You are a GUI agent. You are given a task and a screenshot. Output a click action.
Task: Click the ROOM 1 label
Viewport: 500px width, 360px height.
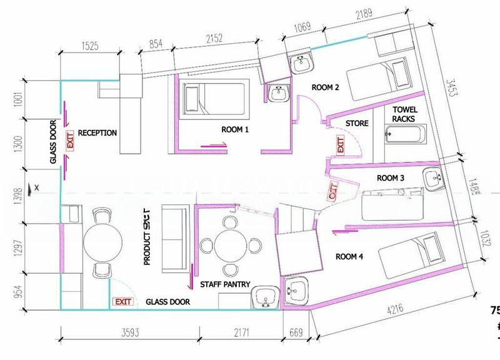[235, 129]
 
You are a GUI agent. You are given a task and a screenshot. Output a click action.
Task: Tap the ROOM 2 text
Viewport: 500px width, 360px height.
[326, 87]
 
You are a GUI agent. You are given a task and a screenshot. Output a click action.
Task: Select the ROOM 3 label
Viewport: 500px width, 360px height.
[391, 178]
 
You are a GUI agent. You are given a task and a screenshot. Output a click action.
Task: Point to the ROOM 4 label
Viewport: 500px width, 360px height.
[349, 256]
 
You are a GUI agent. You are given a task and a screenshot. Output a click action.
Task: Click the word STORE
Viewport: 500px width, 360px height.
[357, 124]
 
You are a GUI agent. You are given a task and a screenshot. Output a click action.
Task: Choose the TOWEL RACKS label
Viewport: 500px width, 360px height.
[404, 114]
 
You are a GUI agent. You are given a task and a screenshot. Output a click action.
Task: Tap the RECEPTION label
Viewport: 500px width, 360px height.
[97, 132]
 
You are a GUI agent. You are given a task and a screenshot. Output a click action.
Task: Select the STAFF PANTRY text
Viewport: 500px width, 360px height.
[225, 284]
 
